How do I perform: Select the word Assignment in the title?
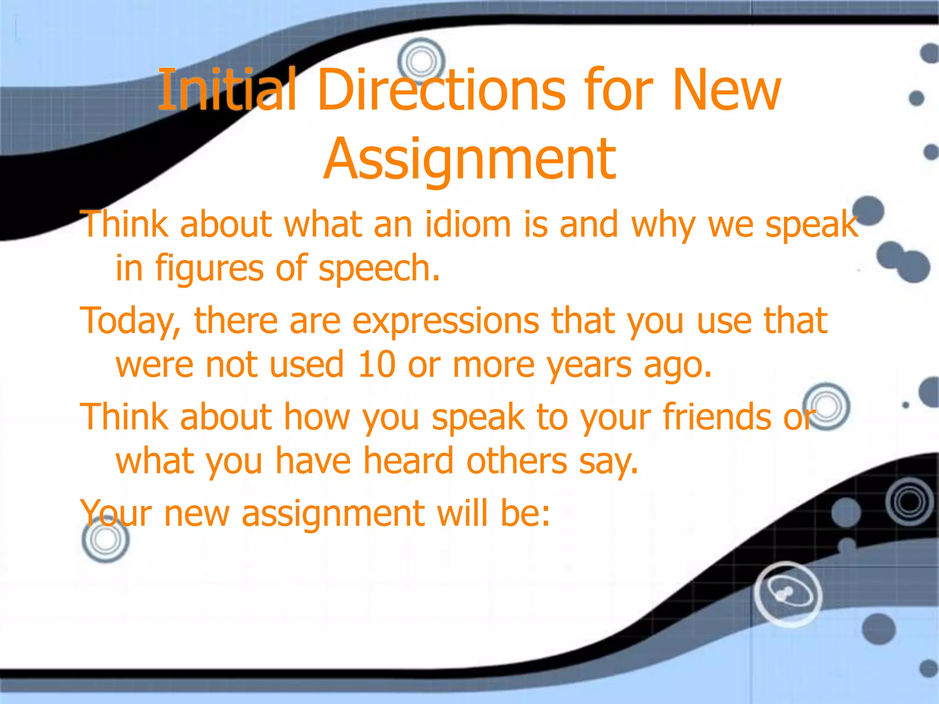tap(470, 159)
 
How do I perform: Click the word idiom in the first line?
tap(468, 225)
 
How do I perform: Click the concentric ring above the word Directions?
tap(421, 61)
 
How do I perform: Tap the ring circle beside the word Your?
tap(106, 539)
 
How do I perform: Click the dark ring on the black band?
tap(909, 502)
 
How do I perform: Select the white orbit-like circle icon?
tap(788, 594)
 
